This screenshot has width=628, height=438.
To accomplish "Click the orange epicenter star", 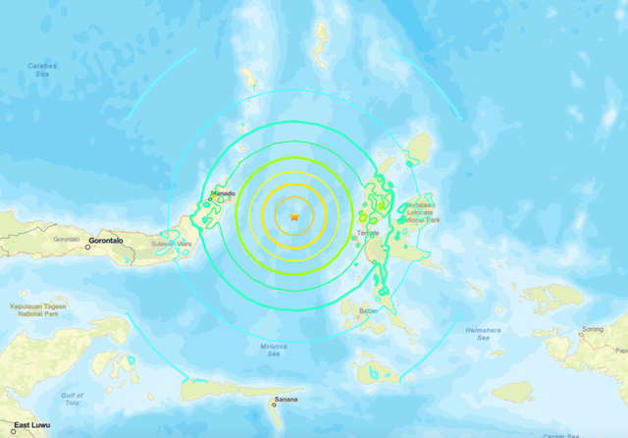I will [293, 216].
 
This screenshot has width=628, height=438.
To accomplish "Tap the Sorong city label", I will [591, 329].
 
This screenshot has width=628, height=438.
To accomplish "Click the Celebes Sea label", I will [43, 70].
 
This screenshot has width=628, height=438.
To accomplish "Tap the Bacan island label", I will [368, 311].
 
